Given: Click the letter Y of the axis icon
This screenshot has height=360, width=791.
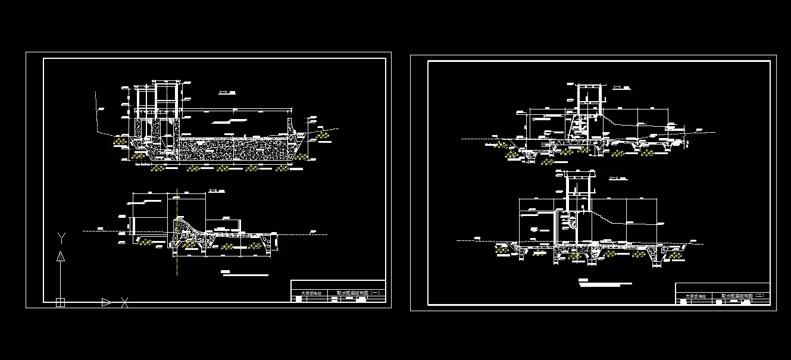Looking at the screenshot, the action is [61, 238].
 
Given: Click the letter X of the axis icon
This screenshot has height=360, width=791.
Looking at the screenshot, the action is [124, 303].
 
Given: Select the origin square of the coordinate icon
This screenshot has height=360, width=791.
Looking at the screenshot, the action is [60, 302].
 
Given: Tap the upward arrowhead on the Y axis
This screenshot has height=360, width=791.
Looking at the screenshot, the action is [60, 256].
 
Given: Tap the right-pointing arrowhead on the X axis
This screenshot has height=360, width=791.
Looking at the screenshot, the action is [107, 302].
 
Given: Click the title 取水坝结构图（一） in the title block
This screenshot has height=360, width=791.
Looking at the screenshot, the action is [362, 293].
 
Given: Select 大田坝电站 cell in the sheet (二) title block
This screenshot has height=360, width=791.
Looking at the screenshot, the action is [695, 296].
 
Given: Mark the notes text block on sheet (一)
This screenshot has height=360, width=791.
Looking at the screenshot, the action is [244, 274].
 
